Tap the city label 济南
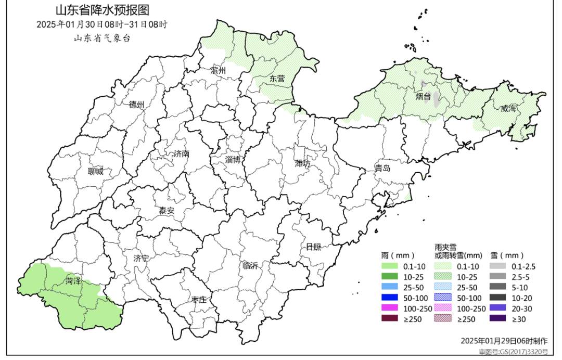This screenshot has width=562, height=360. [x=182, y=154]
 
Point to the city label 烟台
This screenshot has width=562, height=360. [x=423, y=97]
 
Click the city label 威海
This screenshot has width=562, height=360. [x=508, y=109]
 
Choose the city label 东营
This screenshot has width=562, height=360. [x=277, y=79]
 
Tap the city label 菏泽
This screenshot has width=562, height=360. [x=73, y=281]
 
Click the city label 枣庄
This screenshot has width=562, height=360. [x=199, y=300]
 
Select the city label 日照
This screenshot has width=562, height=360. [x=313, y=247]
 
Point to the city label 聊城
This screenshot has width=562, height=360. [x=96, y=171]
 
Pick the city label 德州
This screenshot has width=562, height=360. [x=137, y=105]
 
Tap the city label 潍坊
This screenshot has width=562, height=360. [x=302, y=164]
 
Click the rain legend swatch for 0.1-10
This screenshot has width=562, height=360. [x=390, y=267]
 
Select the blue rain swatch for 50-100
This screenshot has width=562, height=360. [x=390, y=298]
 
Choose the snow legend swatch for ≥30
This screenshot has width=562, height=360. [x=498, y=319]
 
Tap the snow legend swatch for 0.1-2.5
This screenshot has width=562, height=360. [x=498, y=267]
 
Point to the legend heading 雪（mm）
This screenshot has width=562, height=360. [x=506, y=256]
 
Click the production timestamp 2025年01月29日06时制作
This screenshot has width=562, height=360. [x=504, y=341]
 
